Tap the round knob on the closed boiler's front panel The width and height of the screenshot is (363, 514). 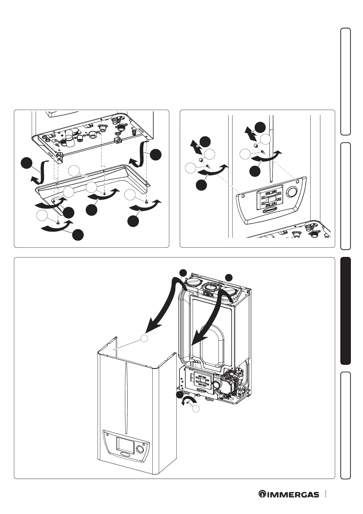tap(140, 449)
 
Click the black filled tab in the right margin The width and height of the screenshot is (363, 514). tap(346, 311)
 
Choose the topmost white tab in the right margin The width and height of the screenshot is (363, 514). tap(346, 81)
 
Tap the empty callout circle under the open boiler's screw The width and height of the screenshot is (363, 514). tap(197, 409)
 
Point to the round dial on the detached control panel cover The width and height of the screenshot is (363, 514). tap(292, 192)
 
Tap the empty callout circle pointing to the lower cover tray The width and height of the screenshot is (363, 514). tap(74, 171)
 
